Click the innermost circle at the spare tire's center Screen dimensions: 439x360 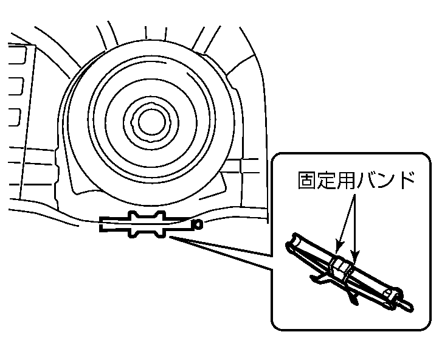151,123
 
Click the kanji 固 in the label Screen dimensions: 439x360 307,180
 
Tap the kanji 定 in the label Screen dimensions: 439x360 327,180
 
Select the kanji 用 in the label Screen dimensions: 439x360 346,180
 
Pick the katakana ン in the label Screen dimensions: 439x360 385,181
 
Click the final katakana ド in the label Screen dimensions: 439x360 404,180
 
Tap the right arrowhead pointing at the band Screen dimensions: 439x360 354,255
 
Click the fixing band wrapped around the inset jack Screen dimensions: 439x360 341,268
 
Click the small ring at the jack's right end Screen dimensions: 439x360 198,224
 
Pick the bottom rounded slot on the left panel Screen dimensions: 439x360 15,117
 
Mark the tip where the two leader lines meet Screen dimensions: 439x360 170,238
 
